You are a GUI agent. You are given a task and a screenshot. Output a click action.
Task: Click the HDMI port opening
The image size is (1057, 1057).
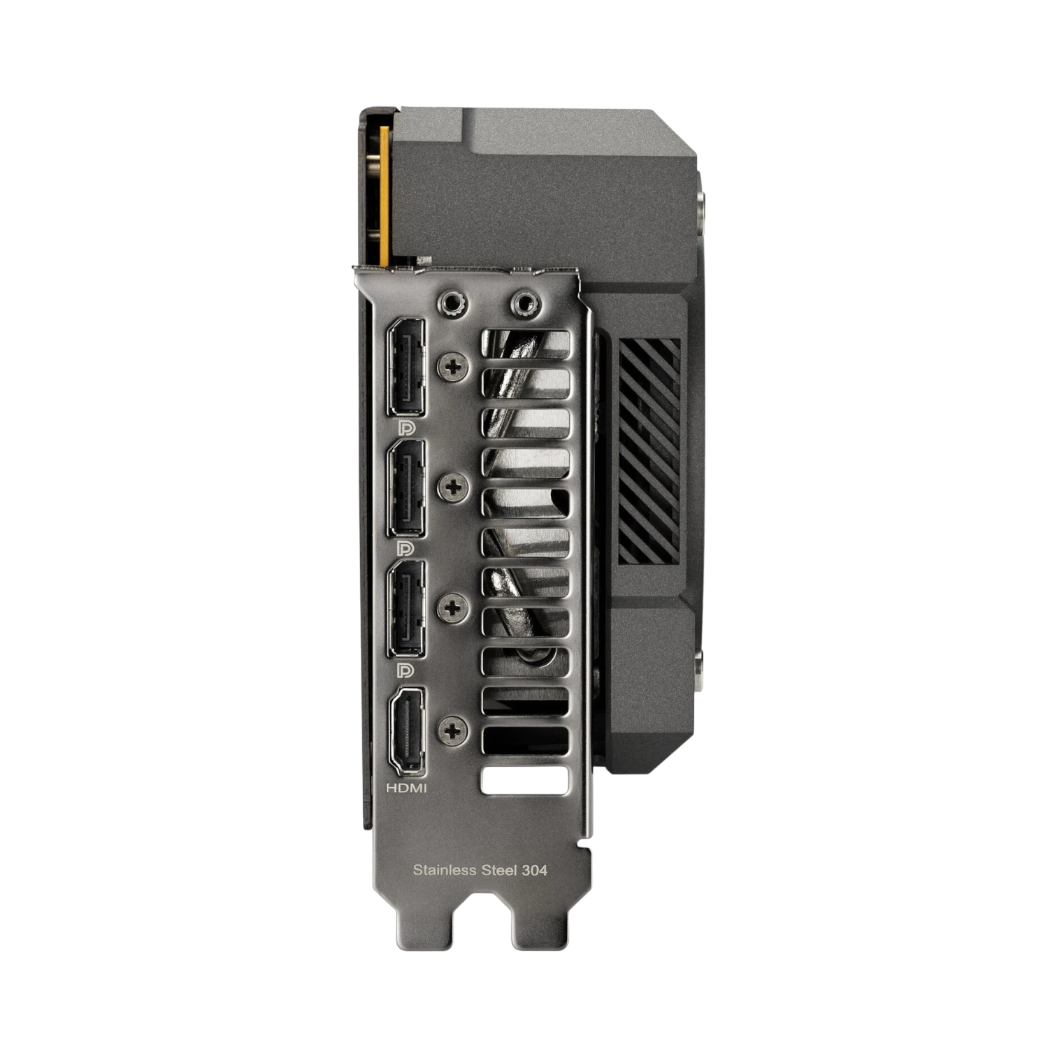tap(406, 731)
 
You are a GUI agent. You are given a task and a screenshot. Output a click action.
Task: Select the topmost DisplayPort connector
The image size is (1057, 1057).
tap(406, 366)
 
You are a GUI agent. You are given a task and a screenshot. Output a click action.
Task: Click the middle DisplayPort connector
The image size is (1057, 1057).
tap(406, 488)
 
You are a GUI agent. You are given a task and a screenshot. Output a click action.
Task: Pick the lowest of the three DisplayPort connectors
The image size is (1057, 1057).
tap(406, 609)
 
